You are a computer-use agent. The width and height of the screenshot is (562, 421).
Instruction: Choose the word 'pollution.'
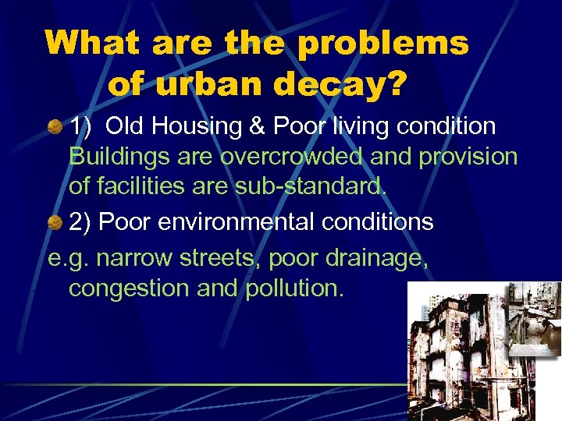tap(293, 288)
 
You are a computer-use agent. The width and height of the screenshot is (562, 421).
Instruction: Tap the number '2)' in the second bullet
tap(81, 222)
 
